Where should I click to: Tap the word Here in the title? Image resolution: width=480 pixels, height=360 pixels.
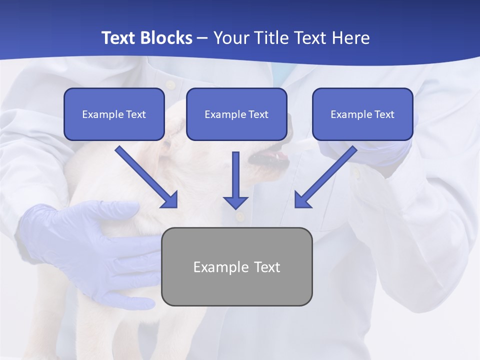[x=351, y=38]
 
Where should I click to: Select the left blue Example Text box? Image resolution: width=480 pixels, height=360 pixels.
[x=114, y=114]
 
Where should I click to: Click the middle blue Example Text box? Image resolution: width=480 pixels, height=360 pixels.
[x=236, y=114]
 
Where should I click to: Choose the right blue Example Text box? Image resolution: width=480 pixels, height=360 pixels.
[x=362, y=114]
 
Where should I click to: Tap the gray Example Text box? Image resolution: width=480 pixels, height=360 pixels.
[x=236, y=266]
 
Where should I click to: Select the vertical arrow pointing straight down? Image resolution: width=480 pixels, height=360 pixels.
[x=235, y=180]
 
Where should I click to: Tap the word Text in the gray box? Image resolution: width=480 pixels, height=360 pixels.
[x=267, y=267]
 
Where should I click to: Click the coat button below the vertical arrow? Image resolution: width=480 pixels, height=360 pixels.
[x=240, y=216]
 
